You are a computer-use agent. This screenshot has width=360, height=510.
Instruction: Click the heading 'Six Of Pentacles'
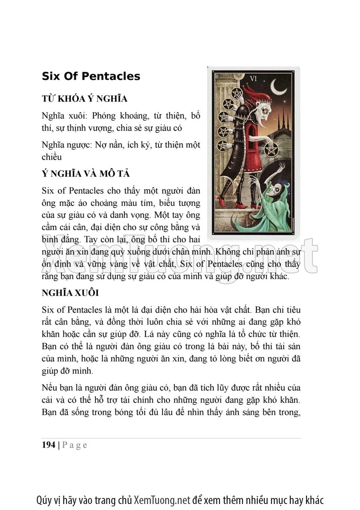click(x=91, y=76)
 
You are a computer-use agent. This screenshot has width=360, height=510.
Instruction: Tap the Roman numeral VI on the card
click(x=253, y=78)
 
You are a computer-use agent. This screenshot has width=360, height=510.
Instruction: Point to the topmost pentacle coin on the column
click(x=237, y=93)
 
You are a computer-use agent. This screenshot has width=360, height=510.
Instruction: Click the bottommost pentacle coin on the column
click(x=223, y=146)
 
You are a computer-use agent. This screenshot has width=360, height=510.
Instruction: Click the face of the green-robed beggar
click(x=272, y=190)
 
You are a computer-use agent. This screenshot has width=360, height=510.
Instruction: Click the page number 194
click(x=48, y=445)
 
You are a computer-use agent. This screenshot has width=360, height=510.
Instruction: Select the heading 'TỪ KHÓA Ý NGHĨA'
click(x=84, y=99)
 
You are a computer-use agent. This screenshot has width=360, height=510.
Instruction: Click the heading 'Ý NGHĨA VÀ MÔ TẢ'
click(x=86, y=175)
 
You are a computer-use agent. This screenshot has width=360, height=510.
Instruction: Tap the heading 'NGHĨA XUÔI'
click(x=70, y=293)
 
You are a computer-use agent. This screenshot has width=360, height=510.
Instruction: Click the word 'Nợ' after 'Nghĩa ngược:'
click(x=101, y=145)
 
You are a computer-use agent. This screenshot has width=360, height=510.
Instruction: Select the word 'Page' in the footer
click(x=74, y=445)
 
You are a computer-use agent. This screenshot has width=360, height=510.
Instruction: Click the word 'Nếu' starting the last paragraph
click(x=49, y=388)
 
